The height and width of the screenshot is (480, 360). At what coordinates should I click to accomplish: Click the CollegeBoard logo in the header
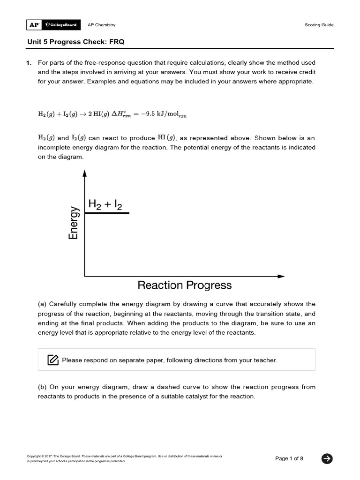[x=61, y=25]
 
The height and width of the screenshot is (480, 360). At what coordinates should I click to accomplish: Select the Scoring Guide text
[x=319, y=25]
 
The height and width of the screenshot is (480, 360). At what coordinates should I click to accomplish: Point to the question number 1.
[x=29, y=63]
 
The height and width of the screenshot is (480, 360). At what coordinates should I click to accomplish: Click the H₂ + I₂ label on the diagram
[x=105, y=204]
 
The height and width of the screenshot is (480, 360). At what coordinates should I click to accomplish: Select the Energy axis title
[x=74, y=223]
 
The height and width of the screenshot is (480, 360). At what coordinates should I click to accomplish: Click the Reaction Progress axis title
[x=184, y=285]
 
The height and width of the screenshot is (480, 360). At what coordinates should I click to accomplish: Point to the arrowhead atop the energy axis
[x=84, y=173]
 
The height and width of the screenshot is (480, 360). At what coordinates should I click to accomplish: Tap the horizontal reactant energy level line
[x=107, y=213]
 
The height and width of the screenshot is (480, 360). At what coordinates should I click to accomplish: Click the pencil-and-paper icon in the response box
[x=53, y=360]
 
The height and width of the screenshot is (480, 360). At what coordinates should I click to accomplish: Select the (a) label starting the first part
[x=42, y=304]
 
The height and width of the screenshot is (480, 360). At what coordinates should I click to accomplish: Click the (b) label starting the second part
[x=42, y=387]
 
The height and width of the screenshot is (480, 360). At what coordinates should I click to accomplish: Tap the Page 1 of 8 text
[x=289, y=458]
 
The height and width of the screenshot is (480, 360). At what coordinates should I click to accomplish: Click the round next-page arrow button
[x=327, y=458]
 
